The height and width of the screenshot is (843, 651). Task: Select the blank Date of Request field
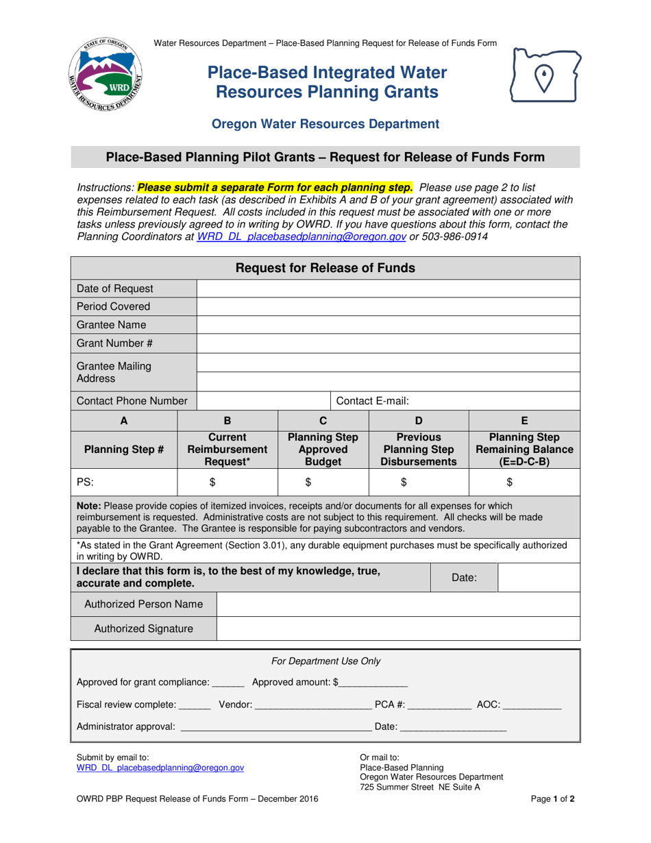click(x=388, y=289)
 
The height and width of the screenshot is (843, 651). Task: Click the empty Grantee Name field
click(x=388, y=325)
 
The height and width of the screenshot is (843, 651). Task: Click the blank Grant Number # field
click(x=388, y=343)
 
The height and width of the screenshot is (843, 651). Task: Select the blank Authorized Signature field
click(x=398, y=628)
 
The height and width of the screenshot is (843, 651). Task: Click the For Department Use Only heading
click(x=326, y=661)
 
